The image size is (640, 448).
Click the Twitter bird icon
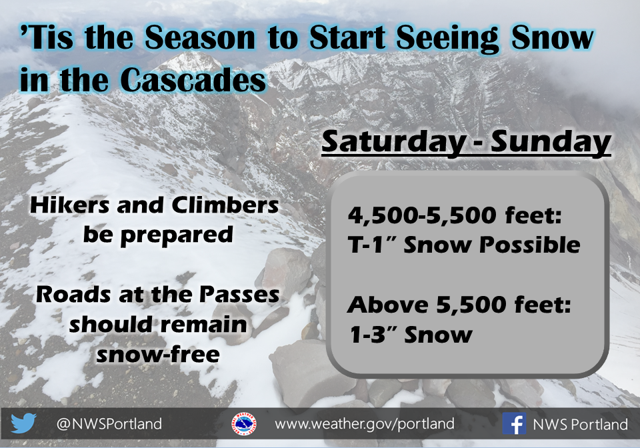tap(23, 423)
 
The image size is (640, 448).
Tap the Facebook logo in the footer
tap(514, 423)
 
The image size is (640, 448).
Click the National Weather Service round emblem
tap(244, 423)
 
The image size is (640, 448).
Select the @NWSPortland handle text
tap(109, 424)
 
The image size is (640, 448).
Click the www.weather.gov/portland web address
tap(365, 424)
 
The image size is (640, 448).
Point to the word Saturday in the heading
tap(393, 142)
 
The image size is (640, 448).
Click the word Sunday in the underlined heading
tap(551, 142)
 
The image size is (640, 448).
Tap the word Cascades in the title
tap(193, 80)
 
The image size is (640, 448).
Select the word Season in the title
tap(200, 38)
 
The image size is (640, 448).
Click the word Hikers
tap(69, 205)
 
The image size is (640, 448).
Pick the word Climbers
tap(225, 205)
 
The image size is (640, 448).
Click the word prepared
tap(176, 236)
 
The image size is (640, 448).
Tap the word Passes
tap(239, 295)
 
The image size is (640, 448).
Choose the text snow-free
tap(158, 354)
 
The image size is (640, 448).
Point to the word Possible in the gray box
tap(530, 245)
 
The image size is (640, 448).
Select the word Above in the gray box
tap(387, 305)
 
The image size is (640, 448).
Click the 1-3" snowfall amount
tap(373, 335)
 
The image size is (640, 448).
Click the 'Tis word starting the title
tap(47, 38)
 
